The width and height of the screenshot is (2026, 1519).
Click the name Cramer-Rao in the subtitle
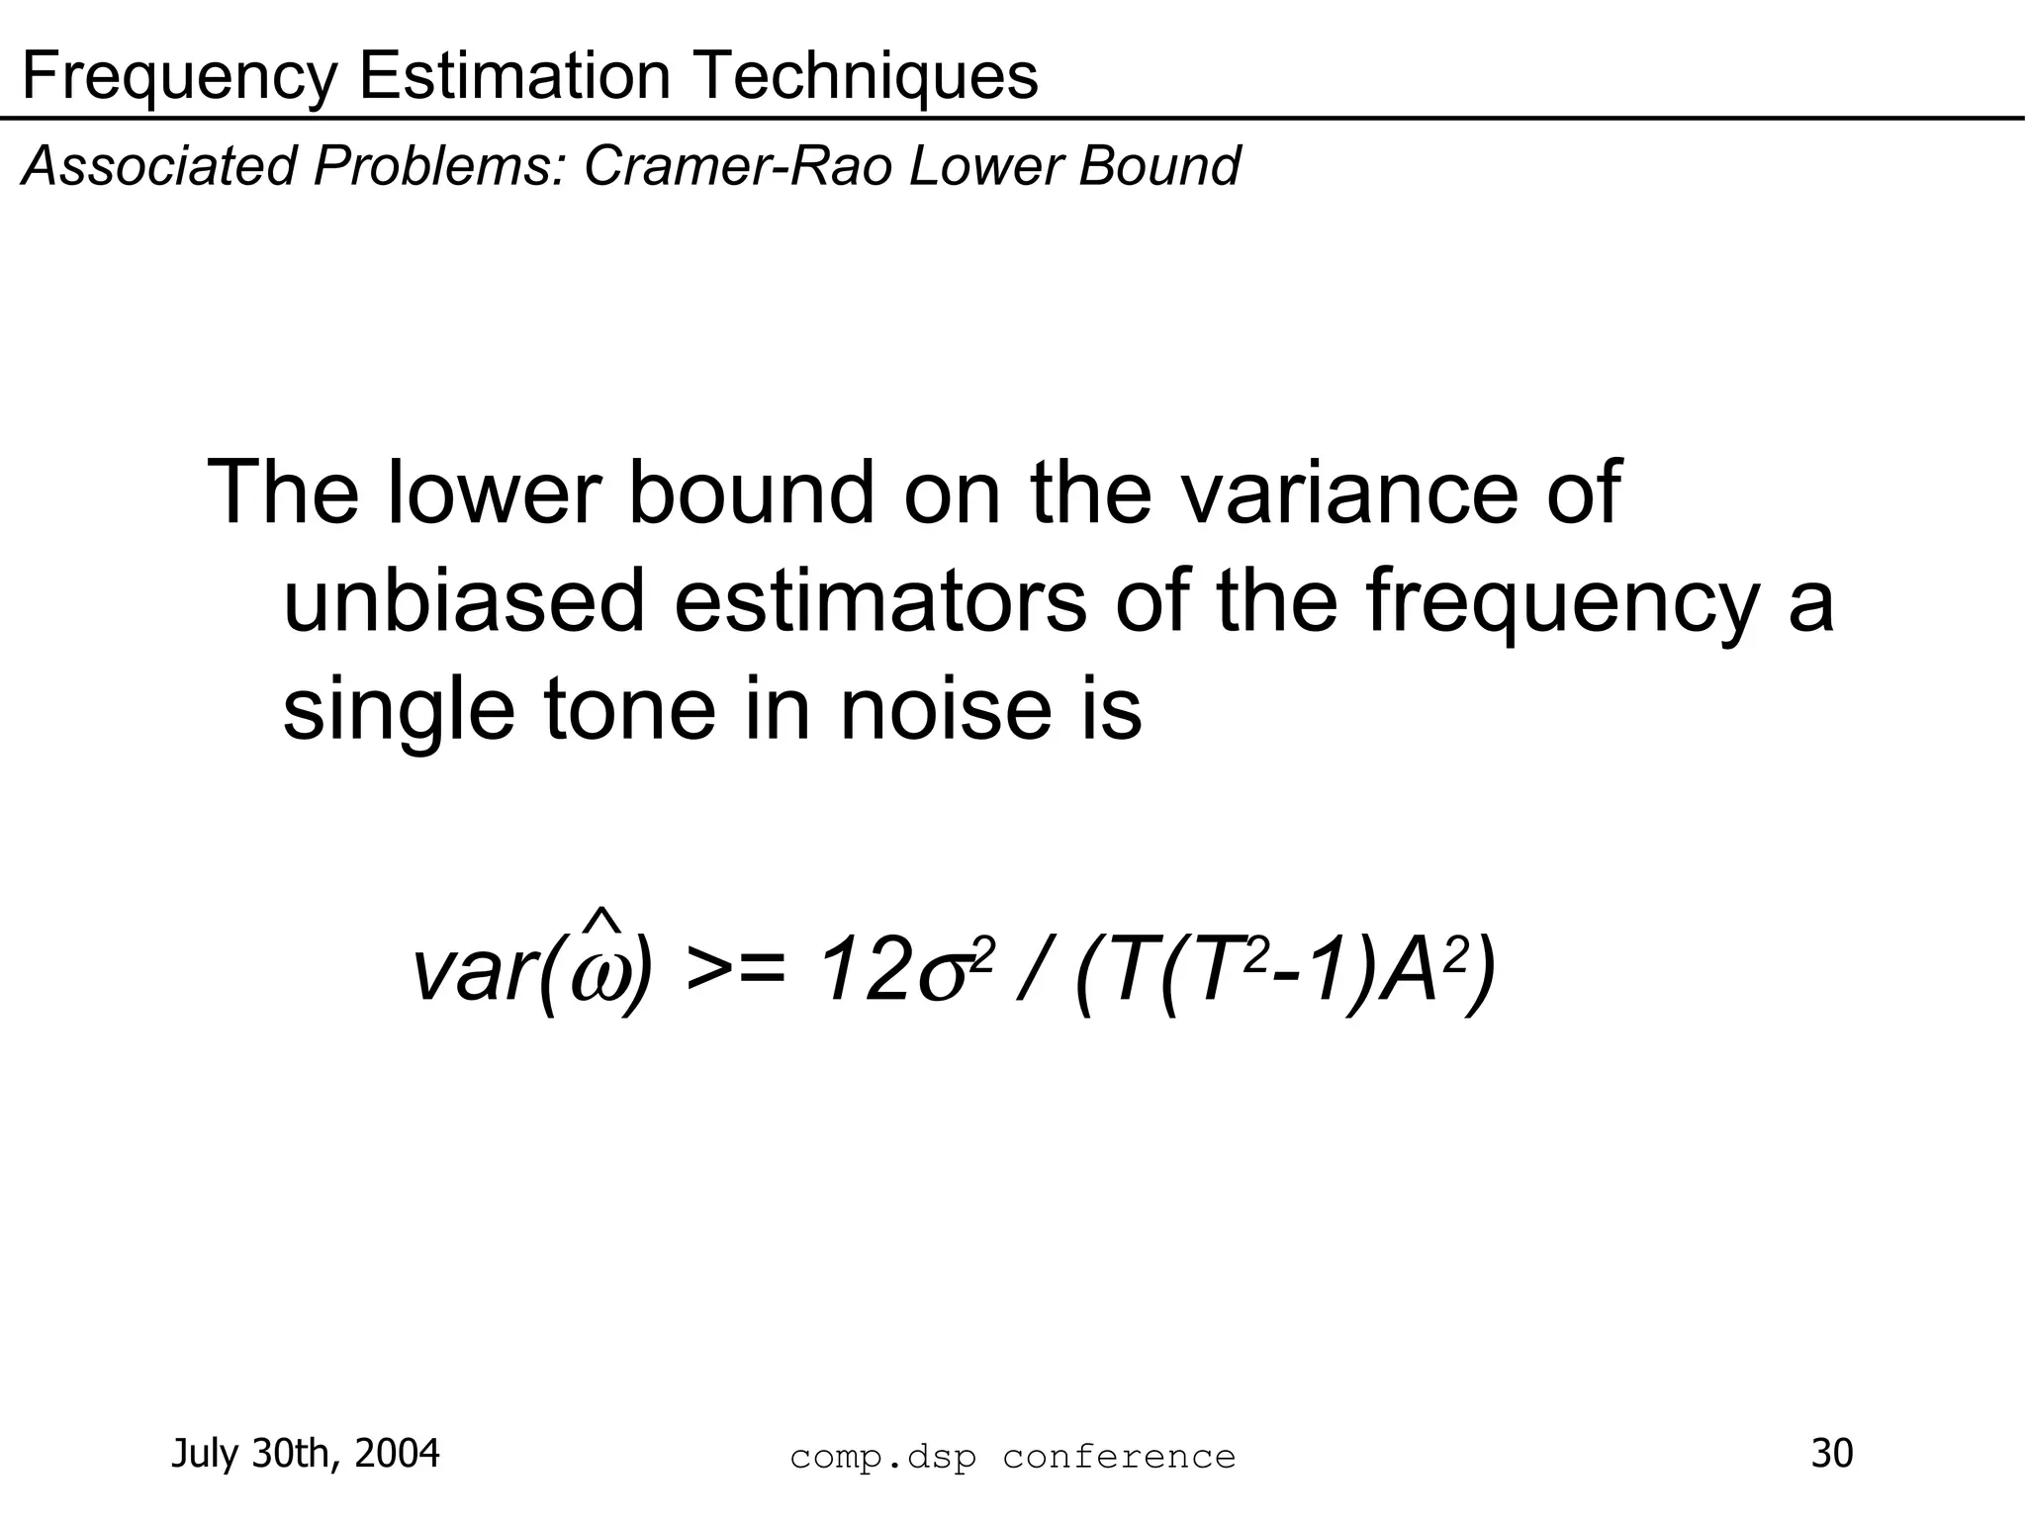738,165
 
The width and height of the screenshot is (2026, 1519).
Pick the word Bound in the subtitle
1158,165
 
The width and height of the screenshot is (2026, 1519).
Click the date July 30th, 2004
306,1454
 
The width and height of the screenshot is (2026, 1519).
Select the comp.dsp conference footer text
1013,1457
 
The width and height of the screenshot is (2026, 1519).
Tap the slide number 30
1831,1454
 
